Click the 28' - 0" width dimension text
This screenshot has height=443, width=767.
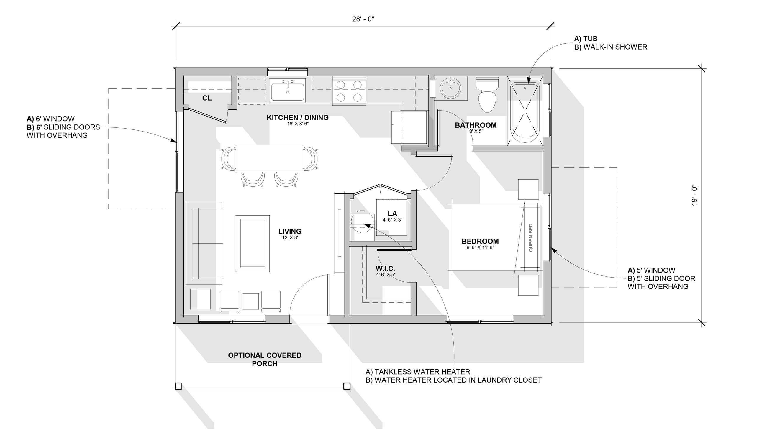[363, 19]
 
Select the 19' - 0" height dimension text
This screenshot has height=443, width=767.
[694, 195]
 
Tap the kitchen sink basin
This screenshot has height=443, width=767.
[287, 90]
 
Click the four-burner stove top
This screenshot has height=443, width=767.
[349, 91]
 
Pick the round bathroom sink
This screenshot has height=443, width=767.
[451, 88]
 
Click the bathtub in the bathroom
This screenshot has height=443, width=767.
[525, 113]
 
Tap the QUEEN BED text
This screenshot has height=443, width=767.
[531, 238]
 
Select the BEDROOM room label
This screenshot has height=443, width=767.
[480, 241]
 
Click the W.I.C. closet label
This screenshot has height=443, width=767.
[385, 269]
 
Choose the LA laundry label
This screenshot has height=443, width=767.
[392, 214]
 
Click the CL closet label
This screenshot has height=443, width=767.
[207, 98]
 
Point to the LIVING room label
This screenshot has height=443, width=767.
[290, 231]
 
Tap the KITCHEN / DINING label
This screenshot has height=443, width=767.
[298, 117]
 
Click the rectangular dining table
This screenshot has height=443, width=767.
[269, 158]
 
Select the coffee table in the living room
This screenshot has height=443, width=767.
[253, 243]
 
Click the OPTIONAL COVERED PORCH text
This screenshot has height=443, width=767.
[265, 359]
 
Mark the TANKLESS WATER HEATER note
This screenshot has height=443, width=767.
[418, 372]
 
